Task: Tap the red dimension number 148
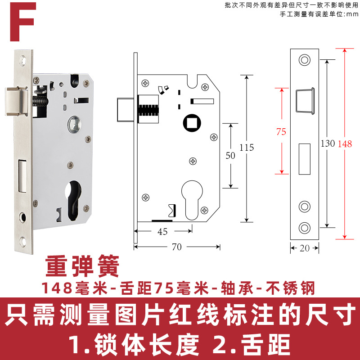[x=345, y=144]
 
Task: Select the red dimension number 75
[x=281, y=132]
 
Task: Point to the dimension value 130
[x=327, y=144]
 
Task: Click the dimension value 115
[x=247, y=148]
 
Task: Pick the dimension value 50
[x=230, y=156]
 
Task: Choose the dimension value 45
[x=162, y=231]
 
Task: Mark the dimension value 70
[x=177, y=247]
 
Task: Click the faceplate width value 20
[x=305, y=247]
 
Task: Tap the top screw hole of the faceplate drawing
[x=305, y=60]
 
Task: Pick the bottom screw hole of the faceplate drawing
[x=305, y=227]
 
